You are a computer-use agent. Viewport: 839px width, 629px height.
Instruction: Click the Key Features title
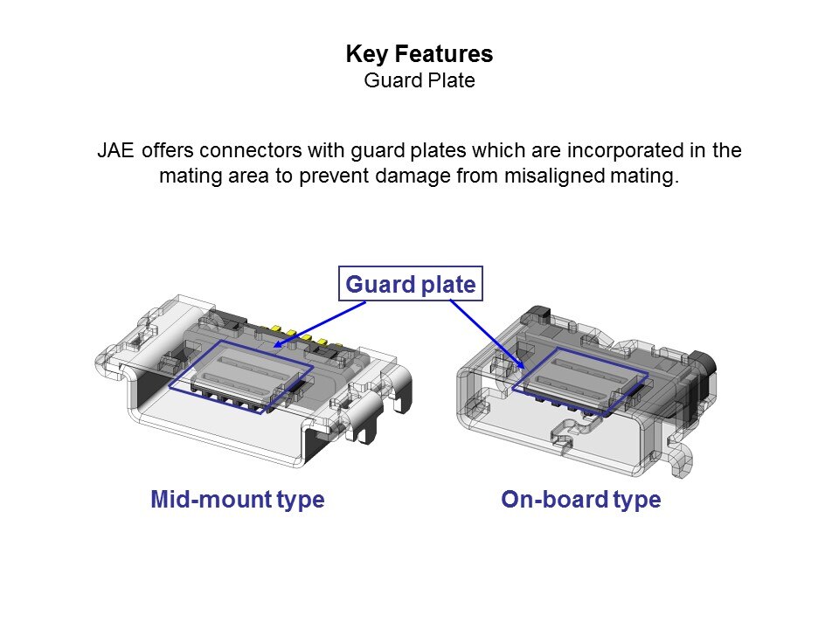click(x=419, y=54)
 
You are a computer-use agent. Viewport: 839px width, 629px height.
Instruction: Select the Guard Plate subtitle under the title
click(x=419, y=81)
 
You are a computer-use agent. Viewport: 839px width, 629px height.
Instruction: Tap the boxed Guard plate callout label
click(x=410, y=284)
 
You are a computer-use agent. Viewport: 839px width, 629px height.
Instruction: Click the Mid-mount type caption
click(x=238, y=500)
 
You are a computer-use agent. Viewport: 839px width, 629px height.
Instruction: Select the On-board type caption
click(x=580, y=500)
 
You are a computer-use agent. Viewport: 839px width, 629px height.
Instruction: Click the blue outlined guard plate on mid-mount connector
click(x=240, y=376)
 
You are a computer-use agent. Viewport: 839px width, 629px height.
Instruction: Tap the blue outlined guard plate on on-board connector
click(x=580, y=379)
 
